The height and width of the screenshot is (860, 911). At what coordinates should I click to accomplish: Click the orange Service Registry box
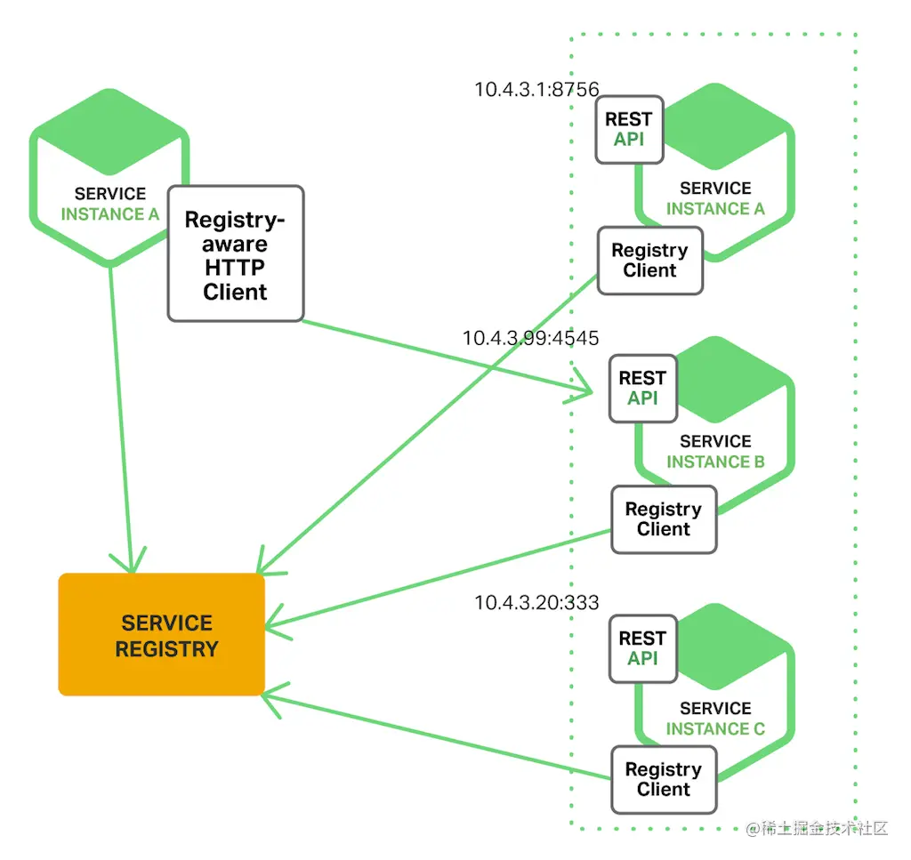(162, 634)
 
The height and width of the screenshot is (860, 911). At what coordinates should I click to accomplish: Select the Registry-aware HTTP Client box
(236, 253)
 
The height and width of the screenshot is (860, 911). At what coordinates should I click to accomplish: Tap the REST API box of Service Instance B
(643, 389)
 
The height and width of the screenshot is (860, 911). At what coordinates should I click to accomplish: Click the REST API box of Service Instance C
(643, 648)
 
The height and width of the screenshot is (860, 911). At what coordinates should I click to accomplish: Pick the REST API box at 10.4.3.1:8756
(630, 130)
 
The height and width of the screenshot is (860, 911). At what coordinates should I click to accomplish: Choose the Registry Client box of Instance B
(664, 519)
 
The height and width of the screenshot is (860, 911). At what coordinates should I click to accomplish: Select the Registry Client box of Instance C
(664, 779)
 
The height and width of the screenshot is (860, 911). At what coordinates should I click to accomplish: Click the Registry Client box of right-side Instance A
(650, 261)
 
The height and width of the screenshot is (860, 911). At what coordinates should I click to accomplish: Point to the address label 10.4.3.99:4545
(530, 338)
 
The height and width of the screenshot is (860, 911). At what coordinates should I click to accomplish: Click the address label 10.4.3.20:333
(536, 603)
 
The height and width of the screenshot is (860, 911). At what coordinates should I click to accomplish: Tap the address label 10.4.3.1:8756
(536, 90)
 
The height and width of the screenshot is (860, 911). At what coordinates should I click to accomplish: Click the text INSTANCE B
(715, 462)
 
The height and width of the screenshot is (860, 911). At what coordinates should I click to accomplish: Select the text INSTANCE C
(715, 728)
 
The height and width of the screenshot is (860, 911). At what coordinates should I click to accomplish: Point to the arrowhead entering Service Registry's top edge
(132, 571)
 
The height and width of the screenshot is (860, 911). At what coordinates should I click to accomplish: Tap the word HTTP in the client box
(235, 268)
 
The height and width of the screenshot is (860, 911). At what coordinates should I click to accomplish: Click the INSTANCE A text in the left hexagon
(109, 214)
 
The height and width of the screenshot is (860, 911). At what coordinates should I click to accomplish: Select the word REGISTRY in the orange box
(166, 649)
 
